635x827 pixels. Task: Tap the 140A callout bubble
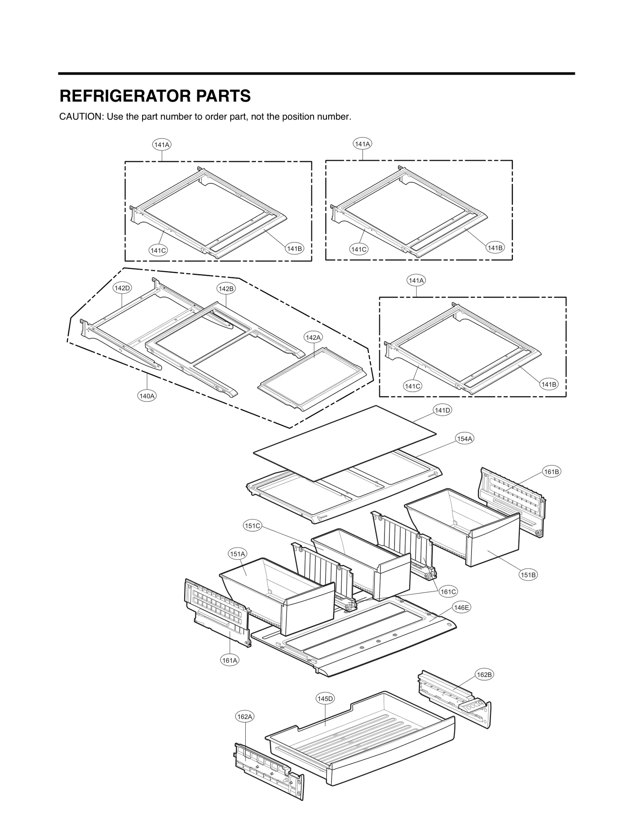click(x=146, y=396)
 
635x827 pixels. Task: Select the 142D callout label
click(x=122, y=288)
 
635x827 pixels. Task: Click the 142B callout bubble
click(x=226, y=288)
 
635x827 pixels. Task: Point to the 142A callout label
click(x=313, y=337)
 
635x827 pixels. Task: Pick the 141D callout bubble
click(x=442, y=410)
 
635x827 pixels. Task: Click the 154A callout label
click(x=464, y=439)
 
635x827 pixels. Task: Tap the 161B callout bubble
click(x=551, y=472)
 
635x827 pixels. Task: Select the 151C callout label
click(x=252, y=526)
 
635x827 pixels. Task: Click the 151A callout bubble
click(x=238, y=554)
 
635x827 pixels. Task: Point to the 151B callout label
click(x=528, y=575)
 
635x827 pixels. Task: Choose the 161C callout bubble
click(x=448, y=603)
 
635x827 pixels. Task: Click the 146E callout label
click(x=462, y=618)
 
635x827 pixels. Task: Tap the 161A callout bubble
click(x=230, y=660)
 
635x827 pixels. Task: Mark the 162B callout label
click(x=484, y=675)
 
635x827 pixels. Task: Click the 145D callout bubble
click(x=325, y=698)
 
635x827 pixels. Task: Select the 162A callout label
click(x=244, y=717)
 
